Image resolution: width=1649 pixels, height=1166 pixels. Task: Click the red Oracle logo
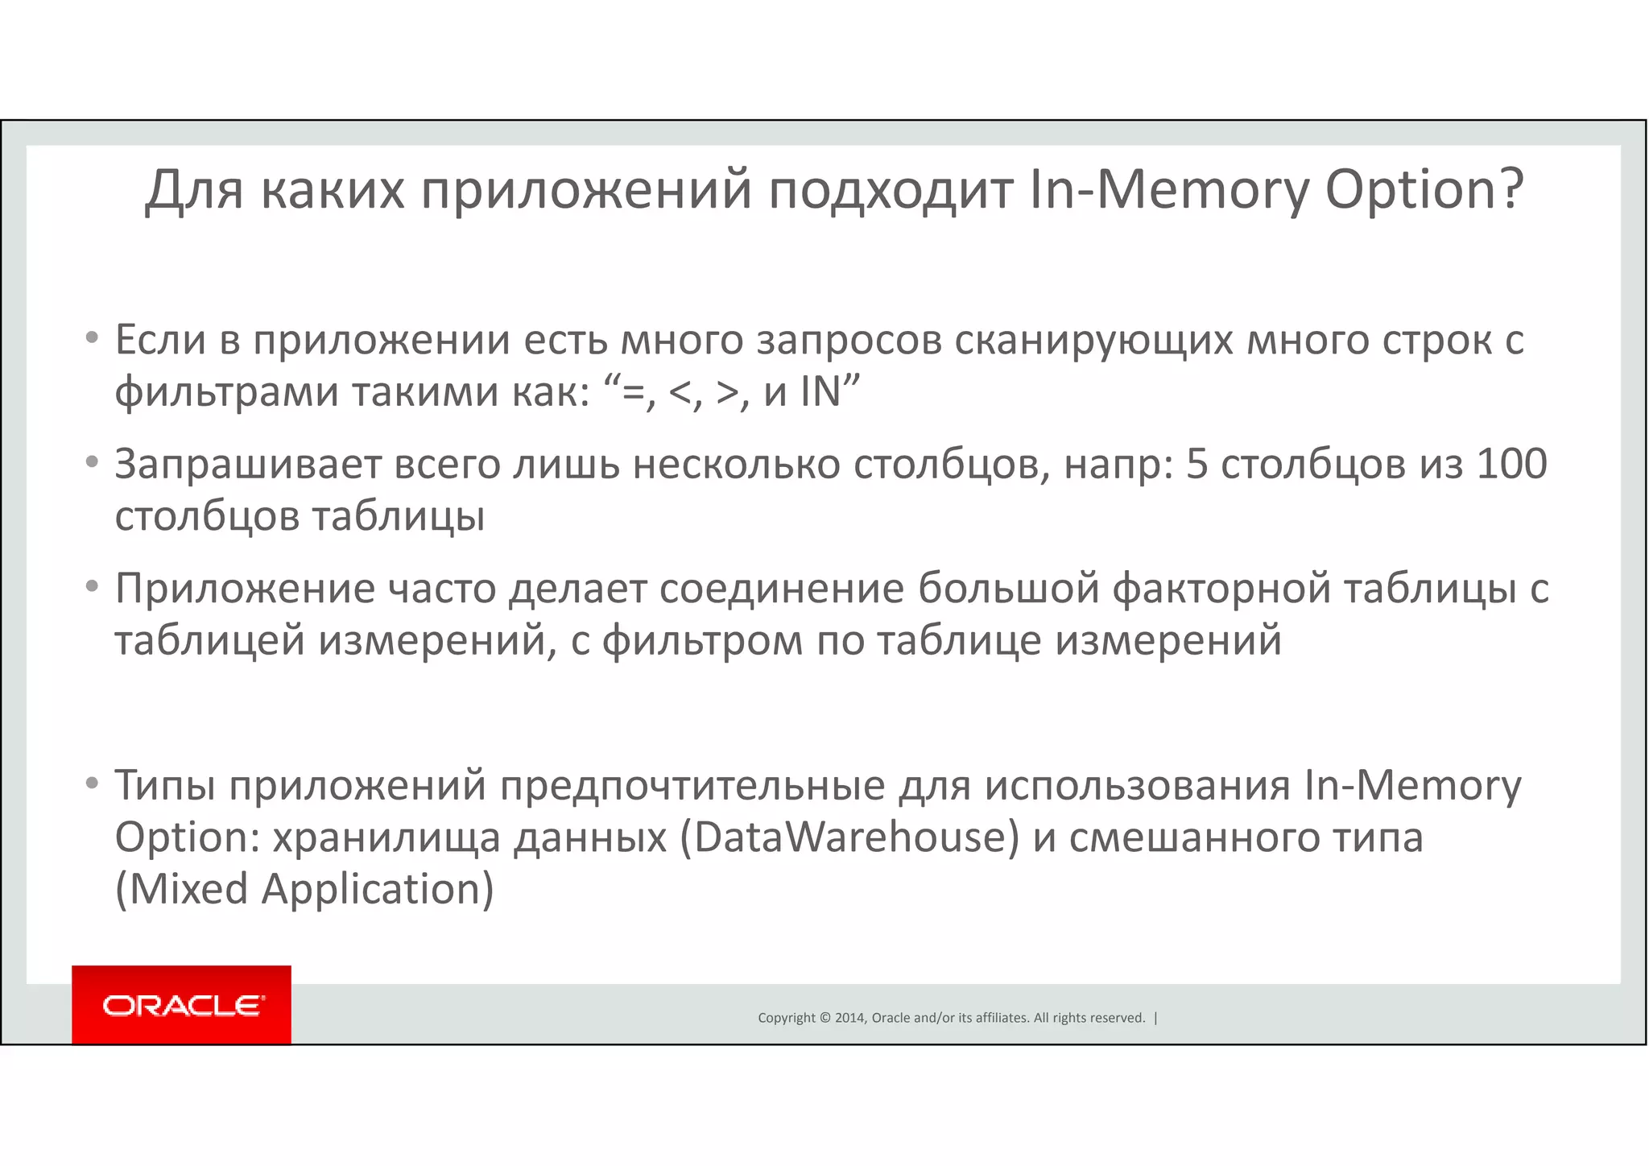pyautogui.click(x=181, y=1005)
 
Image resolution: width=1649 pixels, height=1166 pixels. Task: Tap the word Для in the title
pyautogui.click(x=194, y=191)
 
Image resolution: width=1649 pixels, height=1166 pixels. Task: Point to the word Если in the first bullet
pyautogui.click(x=161, y=340)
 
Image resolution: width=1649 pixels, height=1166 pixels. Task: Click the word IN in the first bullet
pyautogui.click(x=820, y=392)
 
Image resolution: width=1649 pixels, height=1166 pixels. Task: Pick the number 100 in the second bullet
pyautogui.click(x=1511, y=465)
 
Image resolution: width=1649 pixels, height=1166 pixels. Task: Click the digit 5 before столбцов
pyautogui.click(x=1196, y=465)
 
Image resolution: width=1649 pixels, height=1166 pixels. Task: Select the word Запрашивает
pyautogui.click(x=248, y=465)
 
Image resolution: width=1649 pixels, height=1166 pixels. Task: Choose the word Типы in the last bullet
pyautogui.click(x=165, y=786)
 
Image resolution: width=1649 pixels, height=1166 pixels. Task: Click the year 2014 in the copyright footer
pyautogui.click(x=850, y=1018)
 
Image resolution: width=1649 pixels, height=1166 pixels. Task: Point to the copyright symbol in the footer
pyautogui.click(x=824, y=1018)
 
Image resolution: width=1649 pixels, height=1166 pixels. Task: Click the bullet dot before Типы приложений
pyautogui.click(x=92, y=783)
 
